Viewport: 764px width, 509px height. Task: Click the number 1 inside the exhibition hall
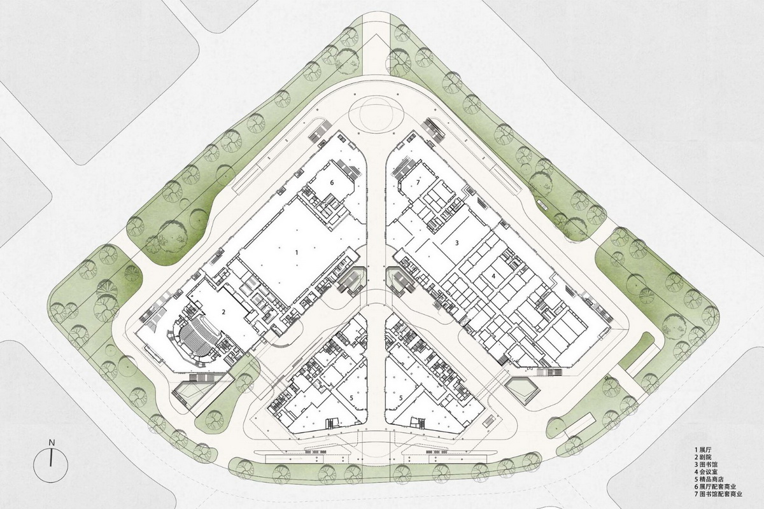coord(297,253)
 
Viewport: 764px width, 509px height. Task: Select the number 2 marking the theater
coord(223,312)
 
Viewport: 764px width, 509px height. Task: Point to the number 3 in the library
coord(456,242)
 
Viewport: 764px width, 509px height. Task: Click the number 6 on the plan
coord(332,182)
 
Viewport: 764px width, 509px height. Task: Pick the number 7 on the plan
coord(418,183)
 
